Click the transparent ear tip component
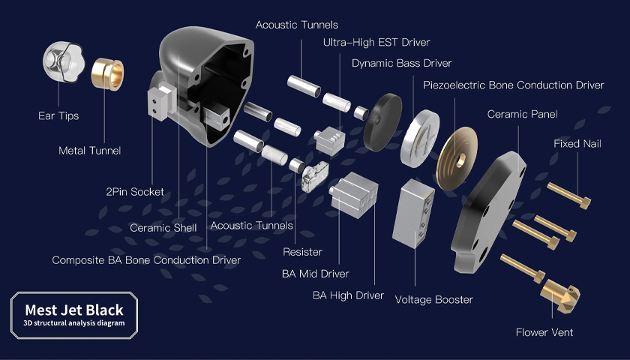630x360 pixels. pos(64,61)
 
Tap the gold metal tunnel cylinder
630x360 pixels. pos(107,74)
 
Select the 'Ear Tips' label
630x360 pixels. pos(58,116)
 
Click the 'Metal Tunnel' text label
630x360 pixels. pos(89,151)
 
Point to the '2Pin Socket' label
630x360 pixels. pos(135,192)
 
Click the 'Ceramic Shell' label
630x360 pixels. pos(163,228)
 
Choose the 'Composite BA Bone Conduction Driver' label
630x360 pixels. pos(146,260)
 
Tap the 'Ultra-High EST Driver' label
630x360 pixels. pos(376,43)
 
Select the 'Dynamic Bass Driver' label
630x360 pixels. pos(402,64)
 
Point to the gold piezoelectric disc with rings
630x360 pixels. pos(457,158)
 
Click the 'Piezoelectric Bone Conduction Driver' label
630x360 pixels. pos(514,85)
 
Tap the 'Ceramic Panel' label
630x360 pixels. pos(522,115)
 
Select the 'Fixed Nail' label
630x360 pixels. pos(577,144)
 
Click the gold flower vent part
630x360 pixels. pos(559,296)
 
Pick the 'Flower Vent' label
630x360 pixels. pos(544,333)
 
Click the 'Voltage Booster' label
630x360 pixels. pos(434,300)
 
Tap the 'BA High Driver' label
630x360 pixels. pos(348,295)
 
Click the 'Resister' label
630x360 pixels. pos(302,252)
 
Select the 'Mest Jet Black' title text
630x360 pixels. pos(74,310)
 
